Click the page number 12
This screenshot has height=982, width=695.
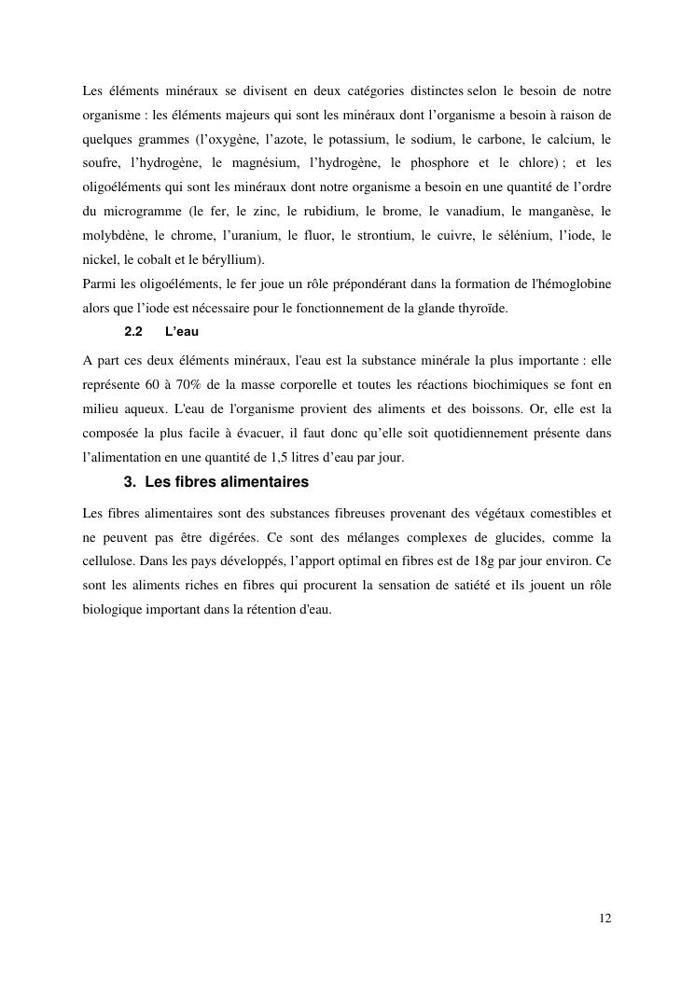coord(605,919)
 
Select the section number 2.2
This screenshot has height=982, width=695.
coord(132,331)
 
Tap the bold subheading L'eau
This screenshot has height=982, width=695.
coord(182,331)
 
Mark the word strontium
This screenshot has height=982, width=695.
coord(380,235)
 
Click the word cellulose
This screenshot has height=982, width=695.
coord(110,562)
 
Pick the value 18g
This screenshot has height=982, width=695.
coord(485,562)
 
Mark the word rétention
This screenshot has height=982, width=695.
coord(266,611)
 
